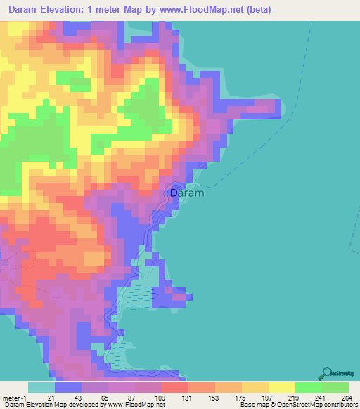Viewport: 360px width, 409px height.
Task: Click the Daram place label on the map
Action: [186, 193]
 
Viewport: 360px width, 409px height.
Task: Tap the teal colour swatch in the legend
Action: [41, 387]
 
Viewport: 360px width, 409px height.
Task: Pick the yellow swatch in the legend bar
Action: [282, 387]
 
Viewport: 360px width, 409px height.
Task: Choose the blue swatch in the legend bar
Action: [68, 387]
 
